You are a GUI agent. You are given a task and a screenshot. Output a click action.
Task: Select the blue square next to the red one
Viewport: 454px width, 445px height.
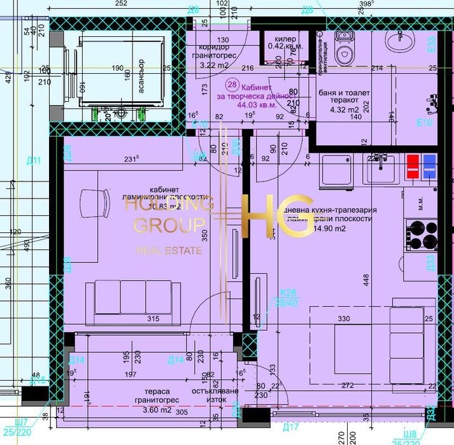[x=429, y=166]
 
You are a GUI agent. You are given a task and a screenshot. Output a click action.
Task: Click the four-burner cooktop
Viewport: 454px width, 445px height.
[x=422, y=234]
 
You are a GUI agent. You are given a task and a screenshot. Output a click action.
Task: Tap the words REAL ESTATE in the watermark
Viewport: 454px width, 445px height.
[x=169, y=251]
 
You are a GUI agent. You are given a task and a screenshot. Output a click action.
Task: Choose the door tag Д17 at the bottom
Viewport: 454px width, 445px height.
[x=291, y=427]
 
